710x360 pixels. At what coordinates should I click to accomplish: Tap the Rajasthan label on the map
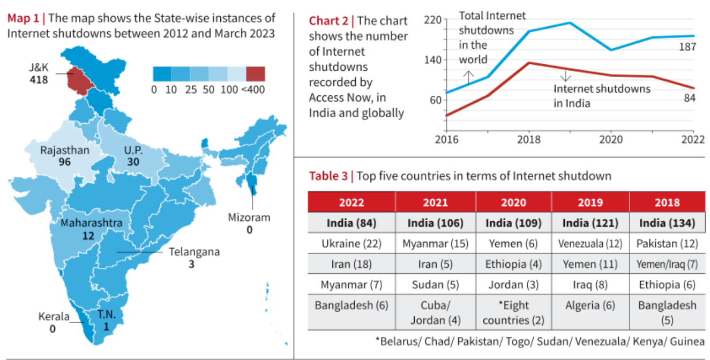point(65,150)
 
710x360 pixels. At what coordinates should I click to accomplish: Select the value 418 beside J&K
point(39,80)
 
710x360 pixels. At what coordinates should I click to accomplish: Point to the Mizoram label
point(249,217)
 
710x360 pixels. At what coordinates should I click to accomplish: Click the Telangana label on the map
point(194,252)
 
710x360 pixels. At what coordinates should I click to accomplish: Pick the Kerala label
point(54,317)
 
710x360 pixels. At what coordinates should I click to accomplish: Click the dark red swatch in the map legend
point(255,74)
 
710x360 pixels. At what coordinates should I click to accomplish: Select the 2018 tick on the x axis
point(529,140)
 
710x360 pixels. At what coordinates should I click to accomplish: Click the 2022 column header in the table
point(352,202)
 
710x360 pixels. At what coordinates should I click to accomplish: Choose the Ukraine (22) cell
point(352,244)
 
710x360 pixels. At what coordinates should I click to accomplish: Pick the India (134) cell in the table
point(667,223)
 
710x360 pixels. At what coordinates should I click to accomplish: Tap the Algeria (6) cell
point(590,305)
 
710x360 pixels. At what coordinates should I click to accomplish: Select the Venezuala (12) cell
point(590,244)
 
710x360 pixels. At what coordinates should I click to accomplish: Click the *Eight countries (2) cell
point(513,313)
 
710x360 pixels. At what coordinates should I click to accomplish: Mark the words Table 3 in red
point(328,176)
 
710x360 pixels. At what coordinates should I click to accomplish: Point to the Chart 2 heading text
point(328,21)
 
